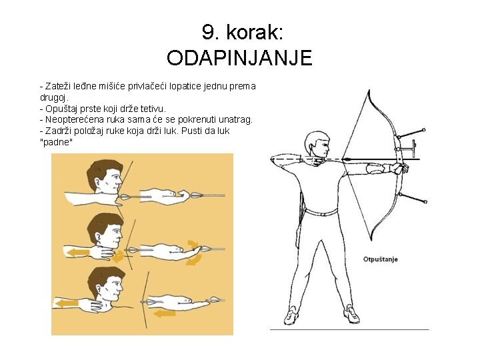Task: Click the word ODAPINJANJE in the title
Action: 239,57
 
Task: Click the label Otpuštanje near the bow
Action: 380,259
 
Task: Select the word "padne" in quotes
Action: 57,143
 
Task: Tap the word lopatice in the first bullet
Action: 185,87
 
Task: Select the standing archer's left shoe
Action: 351,315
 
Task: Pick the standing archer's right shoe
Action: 291,315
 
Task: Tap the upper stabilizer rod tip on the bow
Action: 424,130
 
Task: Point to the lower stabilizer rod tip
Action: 425,201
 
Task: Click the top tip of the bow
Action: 369,90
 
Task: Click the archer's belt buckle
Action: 323,214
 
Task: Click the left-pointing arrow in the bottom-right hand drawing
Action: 165,313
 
